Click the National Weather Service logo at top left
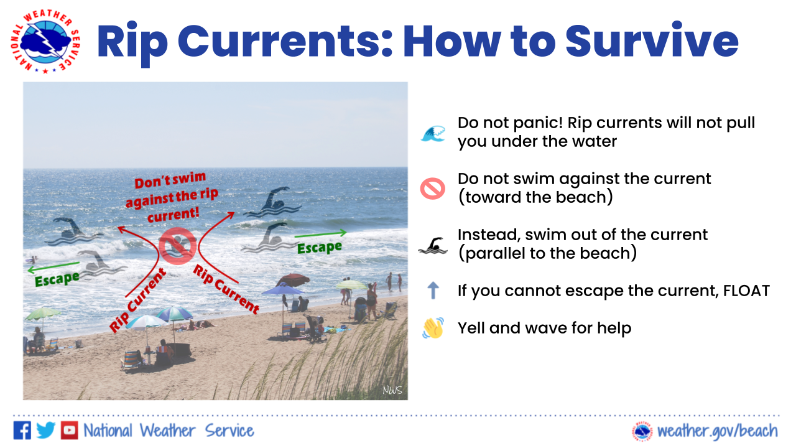coord(45,41)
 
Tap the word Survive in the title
coord(652,41)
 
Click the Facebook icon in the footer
coord(22,430)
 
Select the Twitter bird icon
coord(45,430)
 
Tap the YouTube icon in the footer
coord(69,430)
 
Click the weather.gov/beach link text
coord(717,431)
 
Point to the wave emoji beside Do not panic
coord(433,134)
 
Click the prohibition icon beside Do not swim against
coord(432,189)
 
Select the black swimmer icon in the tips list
coord(433,246)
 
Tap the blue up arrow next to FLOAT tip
coord(433,290)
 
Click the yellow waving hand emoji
coord(433,328)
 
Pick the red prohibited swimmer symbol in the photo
coord(178,246)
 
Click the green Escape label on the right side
coord(319,248)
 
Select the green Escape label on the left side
coord(57,279)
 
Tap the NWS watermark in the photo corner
coord(392,390)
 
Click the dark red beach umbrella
coord(293,279)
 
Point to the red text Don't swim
coord(170,180)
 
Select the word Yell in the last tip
coord(471,328)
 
